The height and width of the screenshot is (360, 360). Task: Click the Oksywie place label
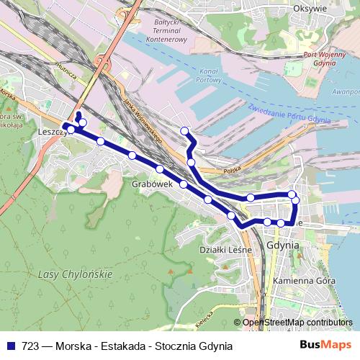(310, 9)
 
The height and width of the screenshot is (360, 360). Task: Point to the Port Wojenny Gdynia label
(321, 58)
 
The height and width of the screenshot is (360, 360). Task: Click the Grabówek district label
(150, 184)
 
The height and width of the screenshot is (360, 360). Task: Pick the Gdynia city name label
(282, 245)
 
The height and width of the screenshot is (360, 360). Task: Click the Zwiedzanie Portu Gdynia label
(289, 112)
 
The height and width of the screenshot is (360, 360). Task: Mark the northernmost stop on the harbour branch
(184, 130)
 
